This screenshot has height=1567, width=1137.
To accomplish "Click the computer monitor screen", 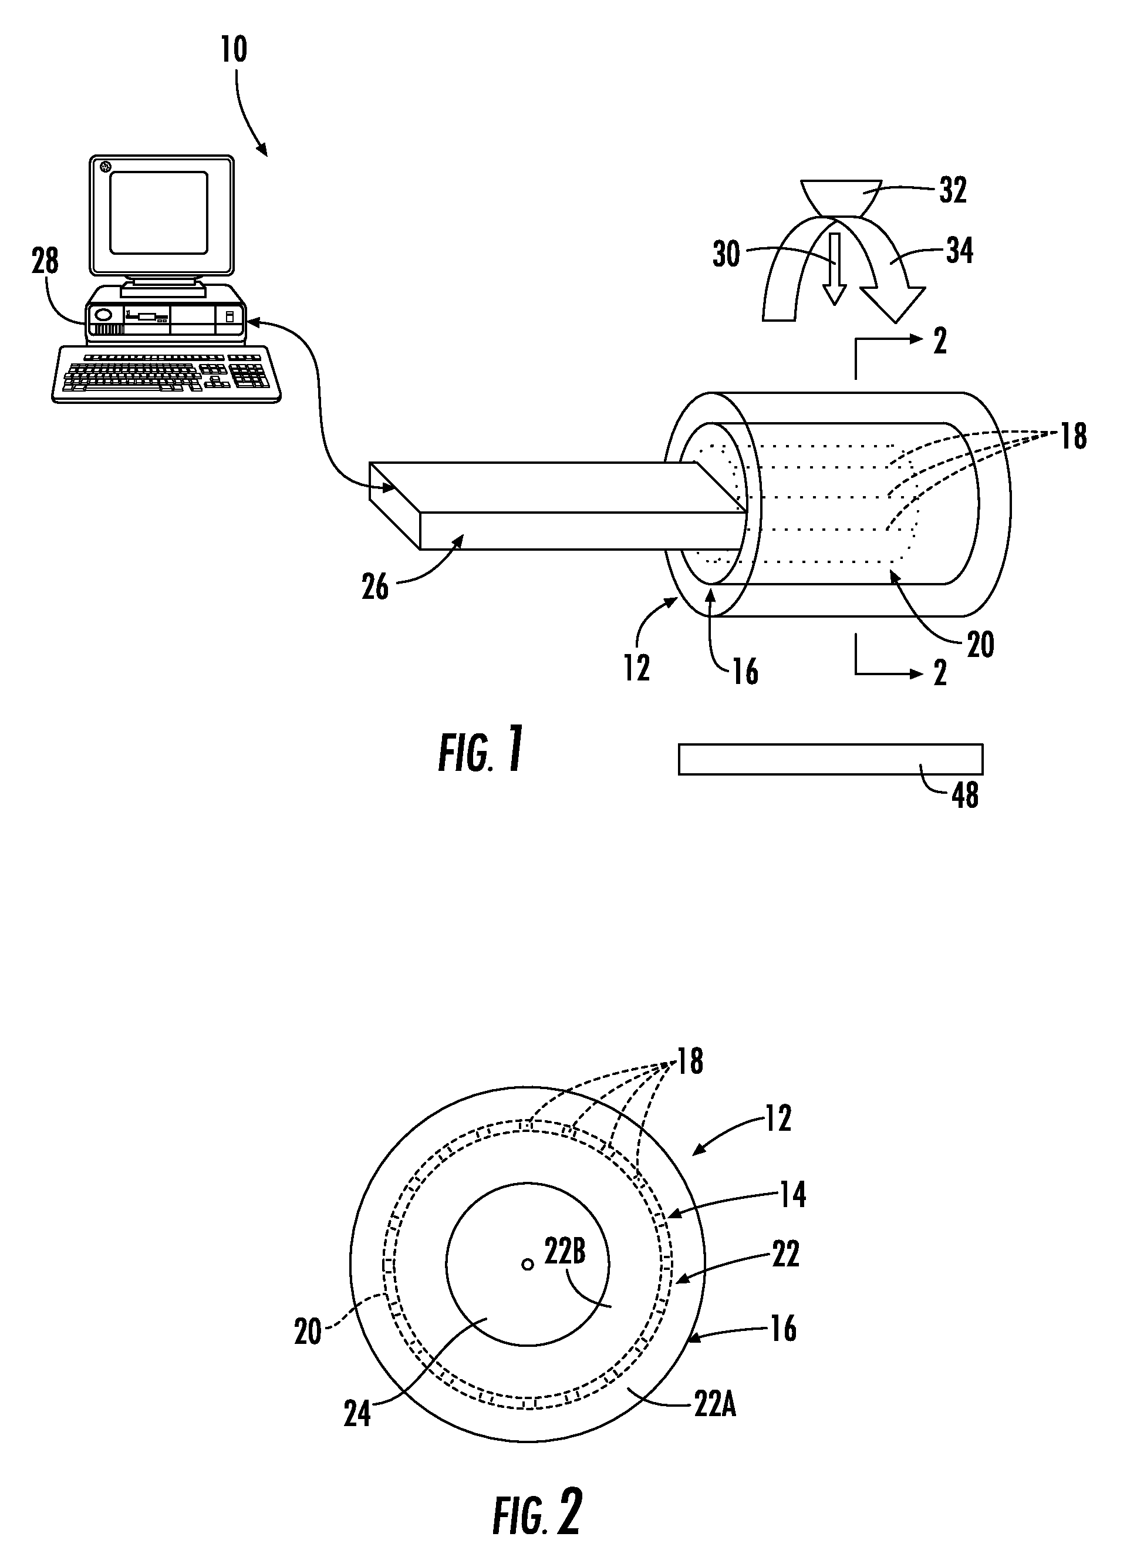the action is (159, 212).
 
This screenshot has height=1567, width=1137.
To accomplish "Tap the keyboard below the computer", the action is (167, 374).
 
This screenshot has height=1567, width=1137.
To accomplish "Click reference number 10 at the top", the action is (234, 50).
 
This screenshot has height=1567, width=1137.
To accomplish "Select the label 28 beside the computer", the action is (46, 261).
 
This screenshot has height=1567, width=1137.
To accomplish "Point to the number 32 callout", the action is (953, 190).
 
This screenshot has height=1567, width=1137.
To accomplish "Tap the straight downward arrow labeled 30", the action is (835, 269).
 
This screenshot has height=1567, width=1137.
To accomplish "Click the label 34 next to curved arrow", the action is (960, 250).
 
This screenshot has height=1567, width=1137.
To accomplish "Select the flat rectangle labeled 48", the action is (831, 759).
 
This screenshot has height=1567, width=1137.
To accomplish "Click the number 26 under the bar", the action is (375, 587).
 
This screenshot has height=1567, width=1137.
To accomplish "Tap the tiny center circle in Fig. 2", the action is (528, 1265).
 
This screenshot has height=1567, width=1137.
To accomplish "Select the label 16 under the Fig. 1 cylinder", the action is (745, 672).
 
